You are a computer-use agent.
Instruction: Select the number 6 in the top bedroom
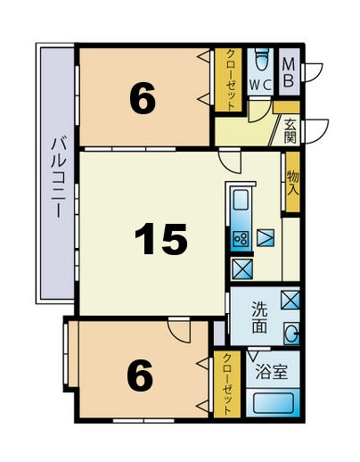click(x=143, y=99)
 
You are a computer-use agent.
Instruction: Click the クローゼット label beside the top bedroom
click(x=228, y=79)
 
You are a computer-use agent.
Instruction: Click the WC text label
click(x=260, y=85)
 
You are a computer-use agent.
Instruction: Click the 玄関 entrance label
click(x=290, y=132)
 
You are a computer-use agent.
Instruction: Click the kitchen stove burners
click(x=241, y=237)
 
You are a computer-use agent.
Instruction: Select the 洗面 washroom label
click(x=258, y=317)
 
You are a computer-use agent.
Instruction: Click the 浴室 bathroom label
click(x=270, y=372)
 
